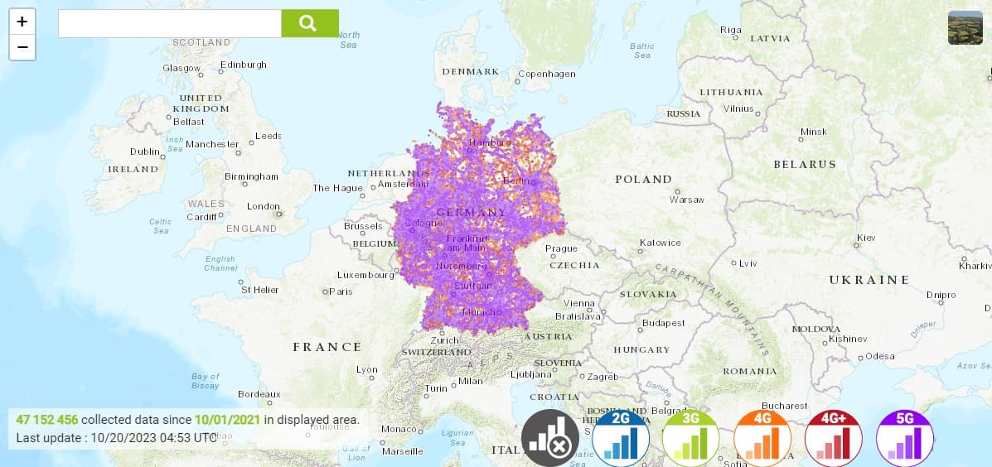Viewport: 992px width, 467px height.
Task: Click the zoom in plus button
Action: click(22, 22)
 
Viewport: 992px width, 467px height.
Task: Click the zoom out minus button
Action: click(22, 47)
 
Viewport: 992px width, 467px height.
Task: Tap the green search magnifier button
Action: click(309, 23)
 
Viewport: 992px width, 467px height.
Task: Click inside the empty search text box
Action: click(170, 23)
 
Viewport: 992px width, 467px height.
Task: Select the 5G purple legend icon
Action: click(904, 439)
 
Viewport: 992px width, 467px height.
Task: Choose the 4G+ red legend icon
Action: click(834, 439)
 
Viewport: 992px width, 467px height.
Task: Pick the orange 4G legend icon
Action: click(762, 439)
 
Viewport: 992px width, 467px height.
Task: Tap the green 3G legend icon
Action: click(691, 439)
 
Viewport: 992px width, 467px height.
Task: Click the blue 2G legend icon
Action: click(621, 439)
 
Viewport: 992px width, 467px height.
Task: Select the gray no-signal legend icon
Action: click(549, 439)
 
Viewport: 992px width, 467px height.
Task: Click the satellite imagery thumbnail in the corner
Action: click(965, 27)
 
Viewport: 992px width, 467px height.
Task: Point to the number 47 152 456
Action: click(46, 420)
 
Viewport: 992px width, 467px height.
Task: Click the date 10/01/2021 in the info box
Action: click(227, 420)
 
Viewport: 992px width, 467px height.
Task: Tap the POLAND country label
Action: click(643, 179)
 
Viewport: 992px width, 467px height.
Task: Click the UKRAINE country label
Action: click(869, 280)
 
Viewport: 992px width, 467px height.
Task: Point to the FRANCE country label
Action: click(327, 347)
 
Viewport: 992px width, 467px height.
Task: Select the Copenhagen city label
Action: click(547, 74)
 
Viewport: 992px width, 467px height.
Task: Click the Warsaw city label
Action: click(686, 200)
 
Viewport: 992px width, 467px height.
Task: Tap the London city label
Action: click(263, 206)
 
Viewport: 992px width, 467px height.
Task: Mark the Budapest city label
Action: click(663, 323)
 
